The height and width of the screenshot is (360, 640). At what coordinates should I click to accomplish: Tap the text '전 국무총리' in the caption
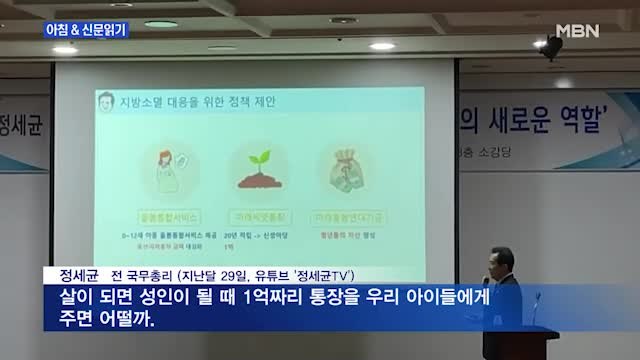[140, 274]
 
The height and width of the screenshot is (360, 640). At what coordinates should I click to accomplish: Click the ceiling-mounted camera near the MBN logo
[550, 48]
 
